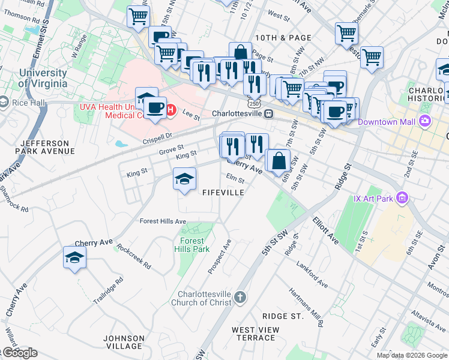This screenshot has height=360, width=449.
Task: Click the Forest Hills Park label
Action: [192, 245]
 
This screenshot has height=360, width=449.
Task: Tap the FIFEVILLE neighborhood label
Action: [223, 193]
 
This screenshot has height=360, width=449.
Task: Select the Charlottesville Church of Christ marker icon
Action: [240, 298]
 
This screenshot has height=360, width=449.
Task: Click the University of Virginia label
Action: [43, 79]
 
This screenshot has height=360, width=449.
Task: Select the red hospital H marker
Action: [170, 110]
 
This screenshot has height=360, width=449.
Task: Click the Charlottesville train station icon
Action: [270, 113]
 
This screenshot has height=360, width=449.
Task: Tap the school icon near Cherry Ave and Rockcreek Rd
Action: [74, 257]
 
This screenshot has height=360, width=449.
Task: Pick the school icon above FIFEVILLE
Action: [185, 178]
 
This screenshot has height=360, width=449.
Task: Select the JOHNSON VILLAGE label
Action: [124, 342]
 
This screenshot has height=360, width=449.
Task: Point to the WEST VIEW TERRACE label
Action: [256, 334]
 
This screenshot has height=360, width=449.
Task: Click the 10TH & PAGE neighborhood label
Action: [283, 37]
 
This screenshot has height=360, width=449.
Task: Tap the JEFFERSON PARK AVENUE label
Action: [47, 148]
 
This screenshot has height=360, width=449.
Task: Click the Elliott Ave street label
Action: [325, 230]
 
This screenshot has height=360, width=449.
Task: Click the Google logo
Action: [19, 353]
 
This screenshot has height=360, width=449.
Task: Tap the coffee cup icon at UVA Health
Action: [155, 108]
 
